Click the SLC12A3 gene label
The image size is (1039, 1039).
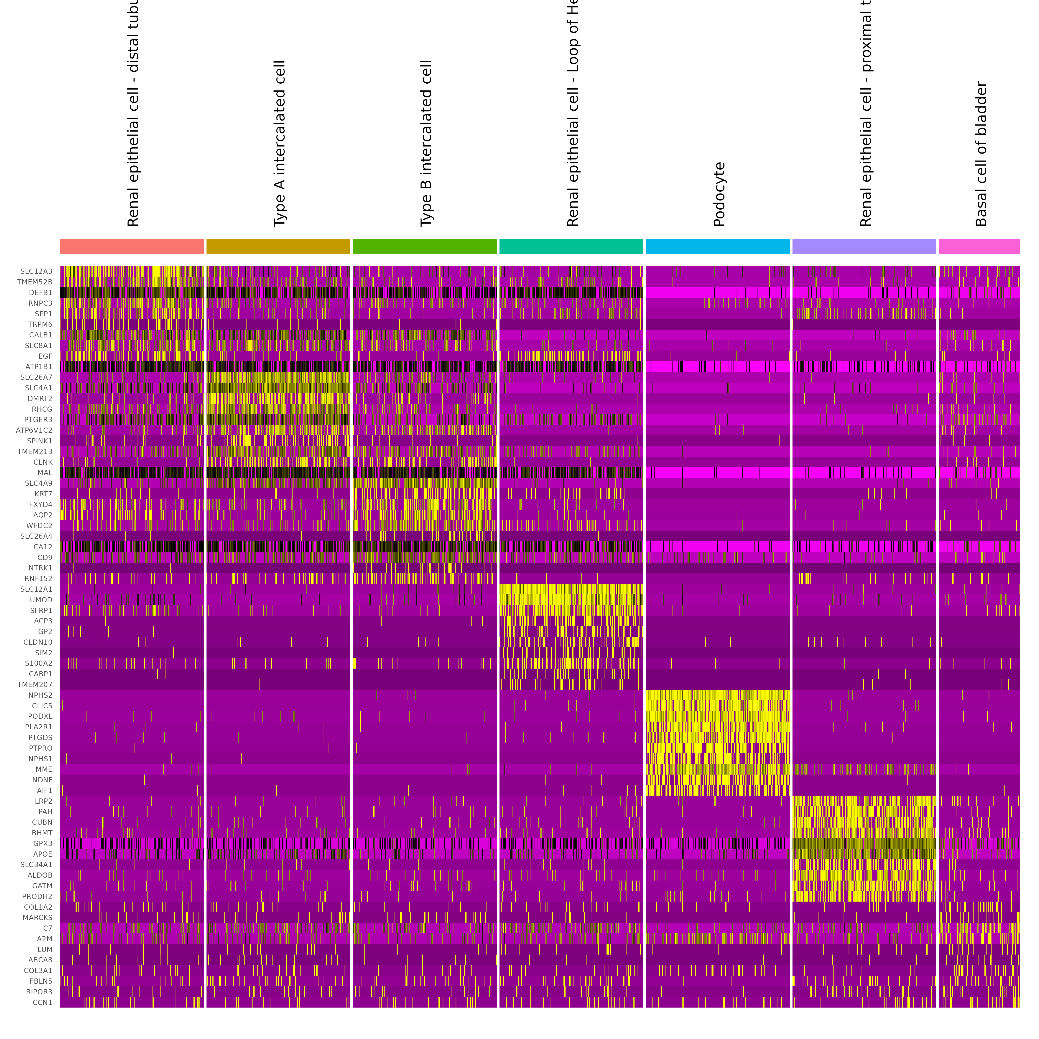coord(37,272)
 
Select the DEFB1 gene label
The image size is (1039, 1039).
coord(41,292)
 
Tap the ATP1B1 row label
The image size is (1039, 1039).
coord(39,367)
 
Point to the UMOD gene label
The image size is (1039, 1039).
coord(41,600)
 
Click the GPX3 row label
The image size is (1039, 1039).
coord(43,844)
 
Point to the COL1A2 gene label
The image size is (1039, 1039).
coord(38,907)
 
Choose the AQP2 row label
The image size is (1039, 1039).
coord(43,515)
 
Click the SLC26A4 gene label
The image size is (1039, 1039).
coord(37,536)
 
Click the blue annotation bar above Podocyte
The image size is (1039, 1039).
coord(717,246)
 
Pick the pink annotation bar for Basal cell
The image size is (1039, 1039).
coord(979,246)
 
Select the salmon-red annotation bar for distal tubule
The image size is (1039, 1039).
coord(132,246)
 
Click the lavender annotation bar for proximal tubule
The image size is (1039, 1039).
coord(864,246)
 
